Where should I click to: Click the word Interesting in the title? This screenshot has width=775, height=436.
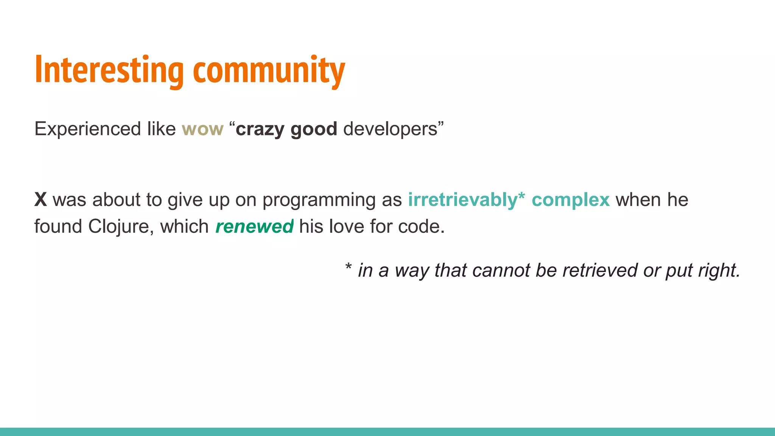[x=109, y=70]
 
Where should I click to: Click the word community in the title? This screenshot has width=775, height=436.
[x=269, y=70]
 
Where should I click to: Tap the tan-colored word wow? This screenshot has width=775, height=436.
[x=202, y=129]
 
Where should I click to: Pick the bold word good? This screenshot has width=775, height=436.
[x=314, y=129]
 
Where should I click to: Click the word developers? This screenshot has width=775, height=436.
[x=390, y=129]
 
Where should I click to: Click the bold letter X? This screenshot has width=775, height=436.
[x=40, y=199]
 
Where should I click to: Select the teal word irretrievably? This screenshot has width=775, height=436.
[x=462, y=199]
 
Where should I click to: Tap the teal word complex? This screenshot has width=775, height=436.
[x=570, y=199]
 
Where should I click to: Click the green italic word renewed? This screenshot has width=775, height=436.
[x=254, y=226]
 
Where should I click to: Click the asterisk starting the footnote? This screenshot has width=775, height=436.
[x=349, y=267]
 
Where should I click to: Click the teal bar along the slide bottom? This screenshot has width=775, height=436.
[x=387, y=431]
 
